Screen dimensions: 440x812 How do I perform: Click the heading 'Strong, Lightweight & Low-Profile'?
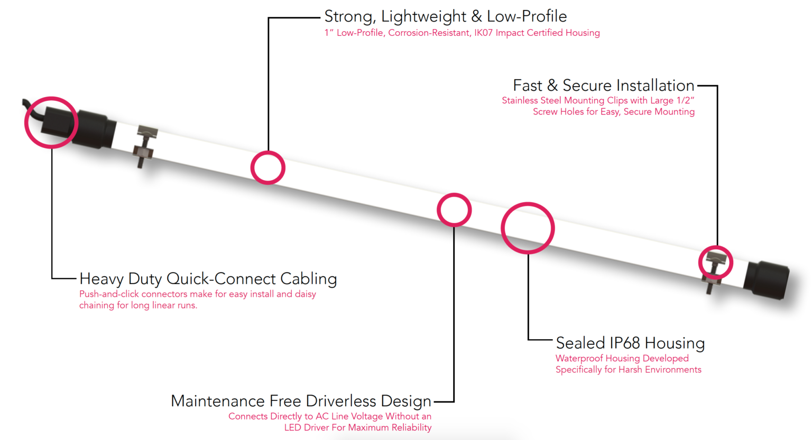tap(445, 16)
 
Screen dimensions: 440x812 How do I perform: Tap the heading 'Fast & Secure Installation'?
tap(603, 86)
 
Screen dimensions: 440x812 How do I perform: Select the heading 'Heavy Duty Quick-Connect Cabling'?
tap(208, 279)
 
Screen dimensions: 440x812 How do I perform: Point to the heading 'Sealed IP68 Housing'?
tap(630, 343)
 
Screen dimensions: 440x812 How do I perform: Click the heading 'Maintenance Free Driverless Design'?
tap(301, 401)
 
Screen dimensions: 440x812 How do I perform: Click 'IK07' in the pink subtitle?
tap(483, 33)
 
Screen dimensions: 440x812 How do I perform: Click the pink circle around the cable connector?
tap(51, 122)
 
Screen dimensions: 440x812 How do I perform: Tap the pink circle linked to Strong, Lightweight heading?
tap(268, 167)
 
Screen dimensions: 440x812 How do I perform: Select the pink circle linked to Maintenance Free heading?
tap(454, 210)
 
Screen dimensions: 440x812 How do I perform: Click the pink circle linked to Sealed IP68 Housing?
tap(528, 228)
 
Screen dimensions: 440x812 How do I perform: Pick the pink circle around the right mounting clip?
tap(715, 262)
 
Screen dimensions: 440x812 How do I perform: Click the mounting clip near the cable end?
tap(144, 146)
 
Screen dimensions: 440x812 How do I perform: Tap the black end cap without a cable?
tap(766, 279)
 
